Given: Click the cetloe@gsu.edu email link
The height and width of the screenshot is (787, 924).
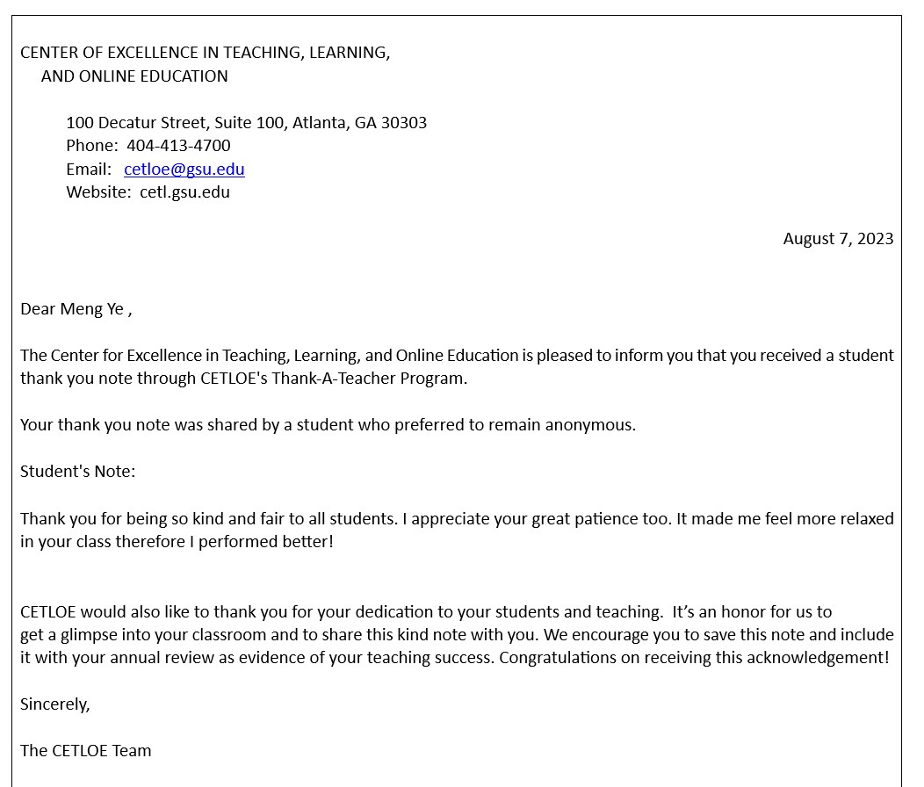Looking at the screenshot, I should (184, 169).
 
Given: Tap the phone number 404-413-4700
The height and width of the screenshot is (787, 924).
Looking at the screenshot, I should (178, 146).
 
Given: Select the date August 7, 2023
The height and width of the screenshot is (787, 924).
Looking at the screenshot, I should (838, 239).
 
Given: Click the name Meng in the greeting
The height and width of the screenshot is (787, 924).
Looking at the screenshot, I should (81, 309).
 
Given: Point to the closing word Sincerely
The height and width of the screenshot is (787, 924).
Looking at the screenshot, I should (54, 704).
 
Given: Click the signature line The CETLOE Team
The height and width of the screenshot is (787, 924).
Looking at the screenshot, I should (86, 751).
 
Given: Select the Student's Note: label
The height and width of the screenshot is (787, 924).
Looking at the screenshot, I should (78, 472).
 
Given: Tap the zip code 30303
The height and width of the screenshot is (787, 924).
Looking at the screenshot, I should (403, 123).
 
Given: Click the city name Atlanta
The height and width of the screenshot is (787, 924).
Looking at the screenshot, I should (320, 123).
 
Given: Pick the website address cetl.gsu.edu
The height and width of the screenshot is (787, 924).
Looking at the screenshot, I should (184, 192).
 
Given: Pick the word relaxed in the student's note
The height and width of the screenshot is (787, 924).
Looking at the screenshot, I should (867, 519).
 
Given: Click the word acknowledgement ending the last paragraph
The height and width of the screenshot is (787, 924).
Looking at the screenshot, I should (814, 658).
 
